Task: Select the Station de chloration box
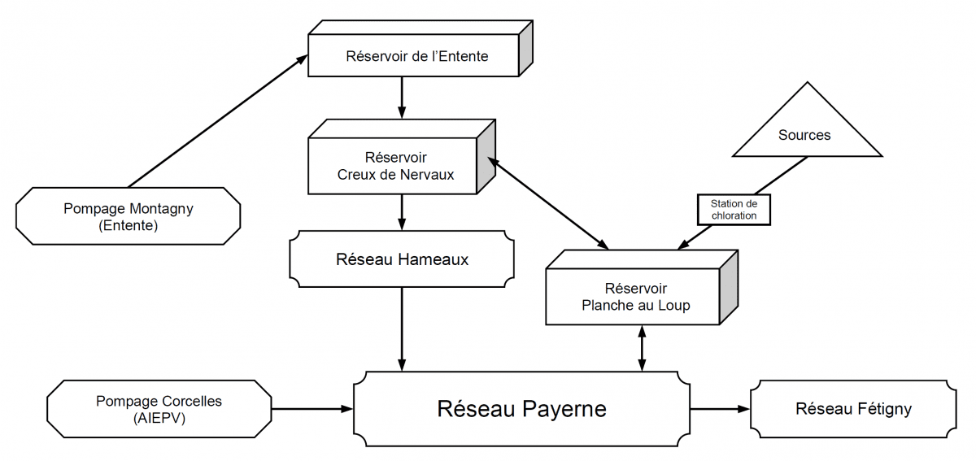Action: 734,210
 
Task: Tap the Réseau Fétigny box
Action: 853,409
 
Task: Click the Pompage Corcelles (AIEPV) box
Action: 159,409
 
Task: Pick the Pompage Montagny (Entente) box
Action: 129,216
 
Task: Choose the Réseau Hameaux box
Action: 402,259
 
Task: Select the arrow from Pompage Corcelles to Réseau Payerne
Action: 312,409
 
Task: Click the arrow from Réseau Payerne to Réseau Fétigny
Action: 721,409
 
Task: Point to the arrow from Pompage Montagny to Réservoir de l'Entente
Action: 218,121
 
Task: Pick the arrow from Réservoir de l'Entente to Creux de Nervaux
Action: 402,98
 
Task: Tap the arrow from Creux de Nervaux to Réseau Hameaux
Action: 402,212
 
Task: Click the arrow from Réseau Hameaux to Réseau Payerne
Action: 402,329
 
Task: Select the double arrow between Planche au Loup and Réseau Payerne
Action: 642,348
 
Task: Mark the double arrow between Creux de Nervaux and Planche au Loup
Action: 548,203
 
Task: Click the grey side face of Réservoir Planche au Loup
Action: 729,287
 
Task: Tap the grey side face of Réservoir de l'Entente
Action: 526,48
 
